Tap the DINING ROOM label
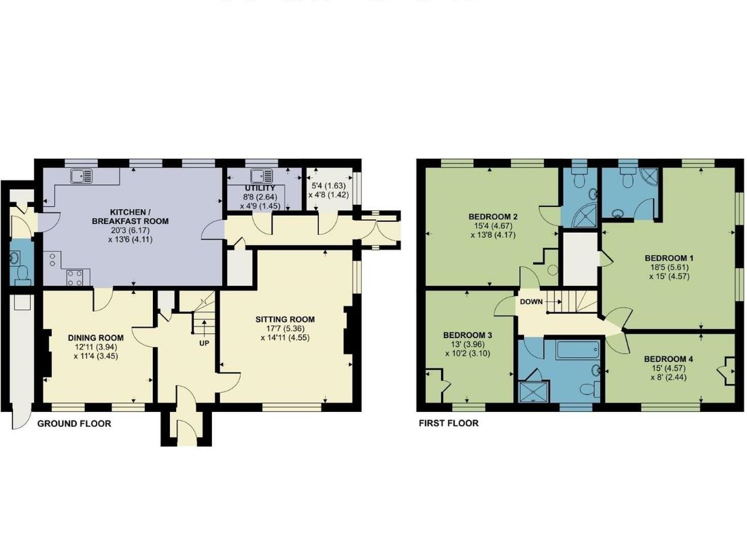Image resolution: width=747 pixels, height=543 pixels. [x=96, y=337]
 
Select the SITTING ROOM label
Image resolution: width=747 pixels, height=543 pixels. [x=285, y=319]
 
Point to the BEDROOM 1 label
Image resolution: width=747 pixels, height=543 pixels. [x=669, y=258]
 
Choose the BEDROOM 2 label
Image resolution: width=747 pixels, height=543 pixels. [x=492, y=217]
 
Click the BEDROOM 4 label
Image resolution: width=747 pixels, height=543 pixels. [x=669, y=359]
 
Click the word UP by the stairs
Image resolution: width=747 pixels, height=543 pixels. [x=204, y=343]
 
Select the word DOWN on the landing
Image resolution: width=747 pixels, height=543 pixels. [x=532, y=301]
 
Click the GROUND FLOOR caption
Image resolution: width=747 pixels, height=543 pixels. [x=73, y=424]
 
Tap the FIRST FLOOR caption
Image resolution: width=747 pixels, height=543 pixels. [x=448, y=424]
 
